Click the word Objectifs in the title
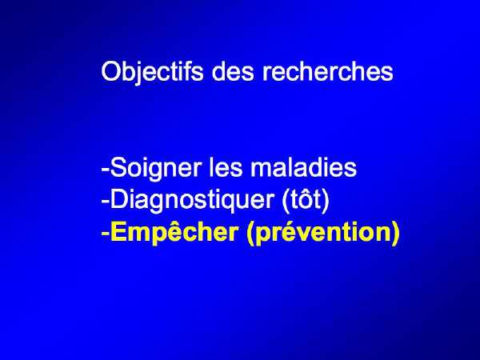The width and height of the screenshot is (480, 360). pos(152,72)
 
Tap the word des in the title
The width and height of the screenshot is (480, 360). pos(233,71)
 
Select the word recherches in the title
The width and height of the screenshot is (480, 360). pos(327,71)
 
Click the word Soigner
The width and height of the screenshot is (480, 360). pos(156,169)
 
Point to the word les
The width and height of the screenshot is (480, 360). pos(226,167)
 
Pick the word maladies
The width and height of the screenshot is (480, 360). pos(304,167)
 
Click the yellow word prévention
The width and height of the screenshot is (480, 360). pos(323,234)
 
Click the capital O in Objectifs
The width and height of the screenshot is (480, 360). pos(112,71)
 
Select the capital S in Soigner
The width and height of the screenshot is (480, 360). pos(118,167)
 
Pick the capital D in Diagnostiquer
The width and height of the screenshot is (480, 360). pos(119,199)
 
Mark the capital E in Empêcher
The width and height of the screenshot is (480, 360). pos(119,231)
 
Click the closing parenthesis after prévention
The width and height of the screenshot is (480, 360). pos(395,234)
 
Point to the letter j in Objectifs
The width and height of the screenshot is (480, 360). pos(142,74)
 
